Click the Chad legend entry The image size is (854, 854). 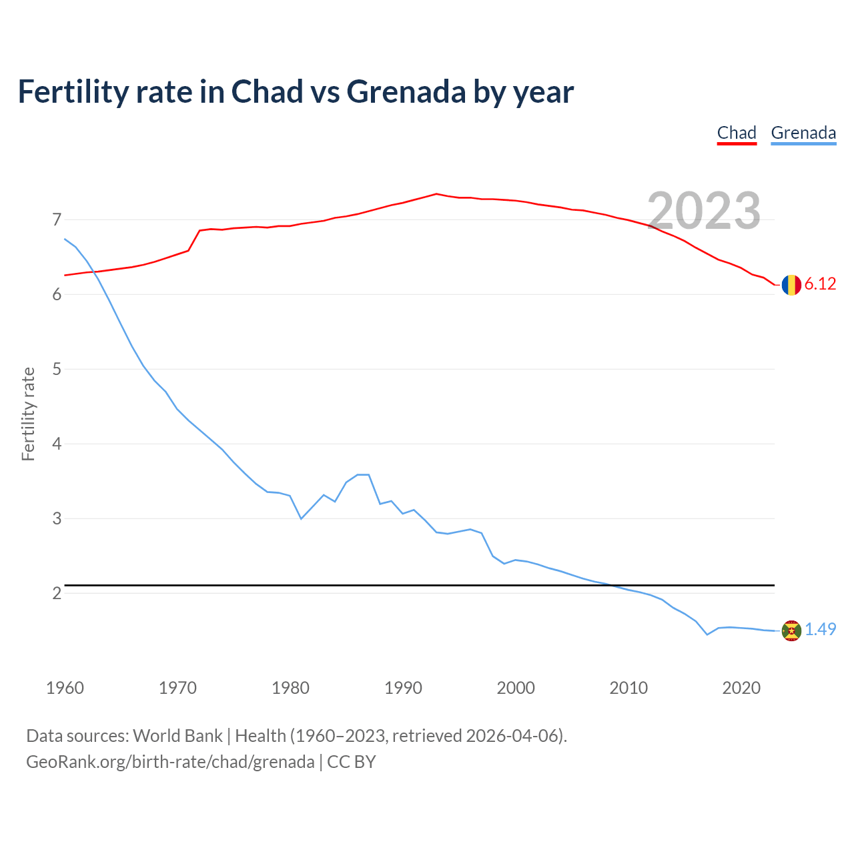point(737,133)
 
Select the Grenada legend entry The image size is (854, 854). point(803,133)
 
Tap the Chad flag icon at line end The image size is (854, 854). point(791,285)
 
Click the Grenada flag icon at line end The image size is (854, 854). point(791,630)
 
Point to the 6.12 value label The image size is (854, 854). point(820,284)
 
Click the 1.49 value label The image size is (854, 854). point(820,630)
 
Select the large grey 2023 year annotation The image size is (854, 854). point(704,211)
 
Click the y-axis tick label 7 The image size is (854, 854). point(57,220)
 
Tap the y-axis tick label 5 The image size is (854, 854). point(57,369)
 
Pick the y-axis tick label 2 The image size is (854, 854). point(57,593)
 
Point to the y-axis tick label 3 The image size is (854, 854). point(57,518)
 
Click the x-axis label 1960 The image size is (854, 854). point(65,688)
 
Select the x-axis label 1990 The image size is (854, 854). point(403,688)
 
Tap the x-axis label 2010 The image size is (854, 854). point(628,688)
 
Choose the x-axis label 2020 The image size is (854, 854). point(741,688)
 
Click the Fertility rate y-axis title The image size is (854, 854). point(28,414)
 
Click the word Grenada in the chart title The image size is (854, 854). point(406,92)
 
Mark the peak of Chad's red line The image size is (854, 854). point(436,193)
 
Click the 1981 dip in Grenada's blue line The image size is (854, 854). point(301,518)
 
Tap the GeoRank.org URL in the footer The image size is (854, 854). point(169,762)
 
